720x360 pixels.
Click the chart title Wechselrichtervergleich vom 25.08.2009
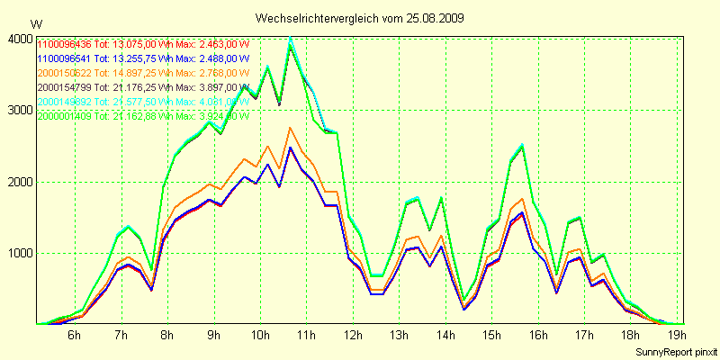tap(360, 18)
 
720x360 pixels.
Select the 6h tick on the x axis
tap(75, 336)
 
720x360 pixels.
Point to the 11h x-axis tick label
tap(307, 336)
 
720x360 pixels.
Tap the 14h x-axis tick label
tap(445, 336)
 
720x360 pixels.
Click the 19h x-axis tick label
tap(677, 336)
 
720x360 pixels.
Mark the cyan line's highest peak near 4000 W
tap(290, 38)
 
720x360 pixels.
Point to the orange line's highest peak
tap(290, 128)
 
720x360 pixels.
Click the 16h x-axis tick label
tap(538, 336)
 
